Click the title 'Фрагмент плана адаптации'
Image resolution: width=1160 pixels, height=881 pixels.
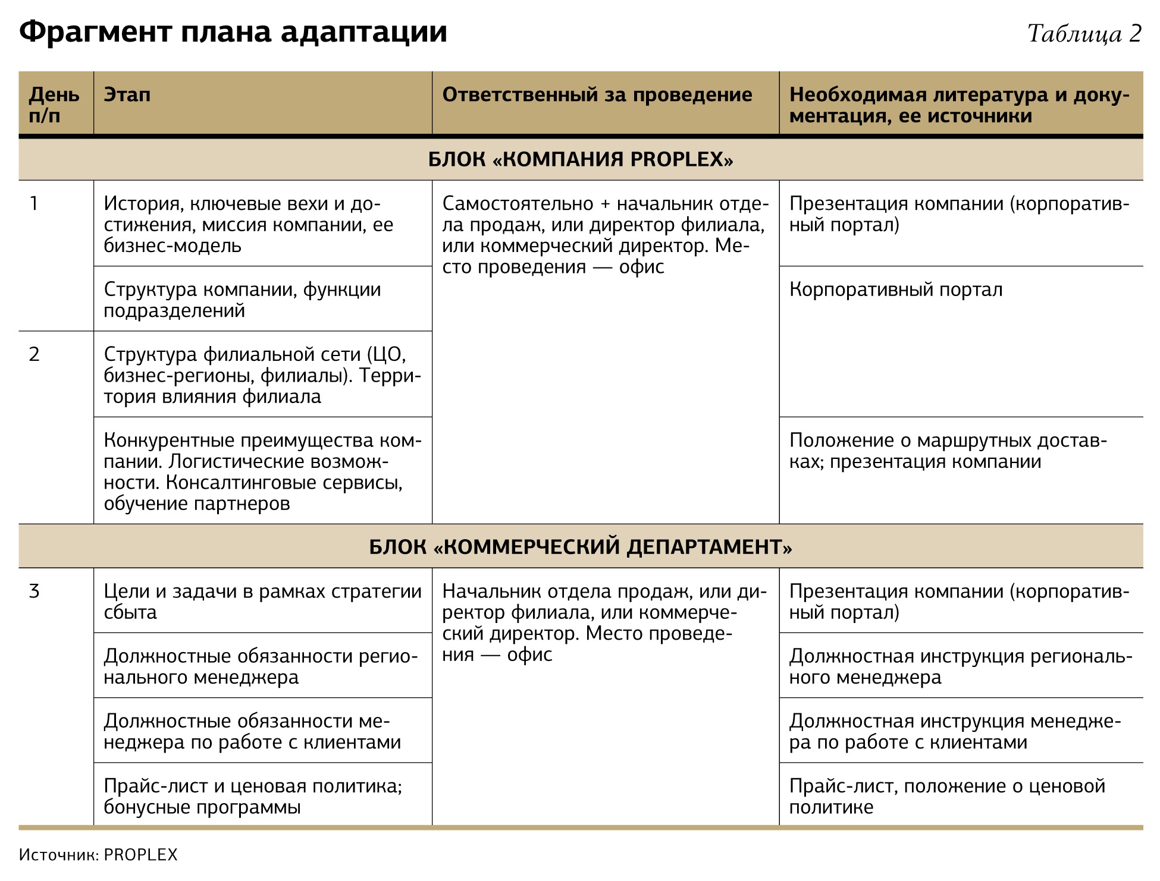pyautogui.click(x=233, y=32)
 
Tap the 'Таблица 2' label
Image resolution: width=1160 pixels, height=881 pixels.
pyautogui.click(x=1084, y=34)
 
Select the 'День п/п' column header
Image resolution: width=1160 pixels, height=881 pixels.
pyautogui.click(x=54, y=104)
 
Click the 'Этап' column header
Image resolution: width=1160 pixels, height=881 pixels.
pyautogui.click(x=127, y=95)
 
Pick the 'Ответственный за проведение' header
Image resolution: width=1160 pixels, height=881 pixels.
pyautogui.click(x=597, y=95)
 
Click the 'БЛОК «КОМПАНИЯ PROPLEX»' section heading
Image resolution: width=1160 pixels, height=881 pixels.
pyautogui.click(x=580, y=159)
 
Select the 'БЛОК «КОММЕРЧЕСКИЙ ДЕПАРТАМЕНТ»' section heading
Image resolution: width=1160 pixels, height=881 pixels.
pyautogui.click(x=580, y=546)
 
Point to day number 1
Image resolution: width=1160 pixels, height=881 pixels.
pyautogui.click(x=34, y=204)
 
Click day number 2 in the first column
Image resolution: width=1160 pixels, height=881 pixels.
pyautogui.click(x=34, y=354)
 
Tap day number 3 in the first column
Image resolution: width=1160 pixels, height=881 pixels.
pyautogui.click(x=34, y=591)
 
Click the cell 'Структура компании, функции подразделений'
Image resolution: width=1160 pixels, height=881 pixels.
pyautogui.click(x=242, y=300)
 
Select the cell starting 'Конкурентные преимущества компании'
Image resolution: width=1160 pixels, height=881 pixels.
pyautogui.click(x=262, y=471)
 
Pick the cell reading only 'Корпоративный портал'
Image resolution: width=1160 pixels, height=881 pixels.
pyautogui.click(x=895, y=290)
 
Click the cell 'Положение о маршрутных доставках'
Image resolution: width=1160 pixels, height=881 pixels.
pyautogui.click(x=947, y=451)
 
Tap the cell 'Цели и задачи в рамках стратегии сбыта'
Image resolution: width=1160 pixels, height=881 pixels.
pyautogui.click(x=262, y=602)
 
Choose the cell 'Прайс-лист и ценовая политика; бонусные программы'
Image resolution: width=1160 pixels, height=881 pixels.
pyautogui.click(x=253, y=796)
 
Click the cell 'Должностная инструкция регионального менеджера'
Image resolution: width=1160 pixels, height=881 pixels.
pyautogui.click(x=960, y=666)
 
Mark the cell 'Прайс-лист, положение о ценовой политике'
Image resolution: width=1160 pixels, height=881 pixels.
pyautogui.click(x=946, y=796)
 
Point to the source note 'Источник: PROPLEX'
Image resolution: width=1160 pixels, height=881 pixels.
pyautogui.click(x=98, y=855)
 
